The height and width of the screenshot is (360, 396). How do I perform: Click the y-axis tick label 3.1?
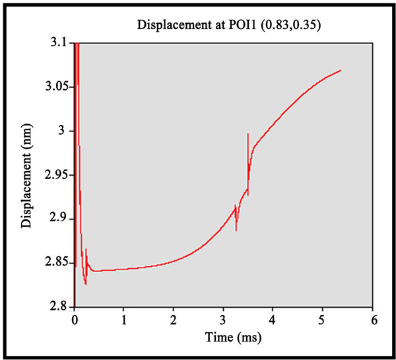pos(59,43)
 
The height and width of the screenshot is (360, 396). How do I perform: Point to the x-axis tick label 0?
pos(75,320)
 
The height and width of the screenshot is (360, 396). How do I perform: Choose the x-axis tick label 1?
pos(124,320)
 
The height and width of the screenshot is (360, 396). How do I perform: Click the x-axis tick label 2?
pos(174,320)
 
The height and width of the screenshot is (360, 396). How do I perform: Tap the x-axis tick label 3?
pos(224,320)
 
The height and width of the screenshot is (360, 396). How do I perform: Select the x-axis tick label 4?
pos(273,320)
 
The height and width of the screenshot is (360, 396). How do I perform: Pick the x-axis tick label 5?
pos(323,320)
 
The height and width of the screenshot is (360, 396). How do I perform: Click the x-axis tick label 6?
pos(373,320)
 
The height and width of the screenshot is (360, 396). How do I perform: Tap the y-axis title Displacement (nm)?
pos(27,175)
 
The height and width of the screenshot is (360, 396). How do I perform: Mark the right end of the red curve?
pos(341,70)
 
